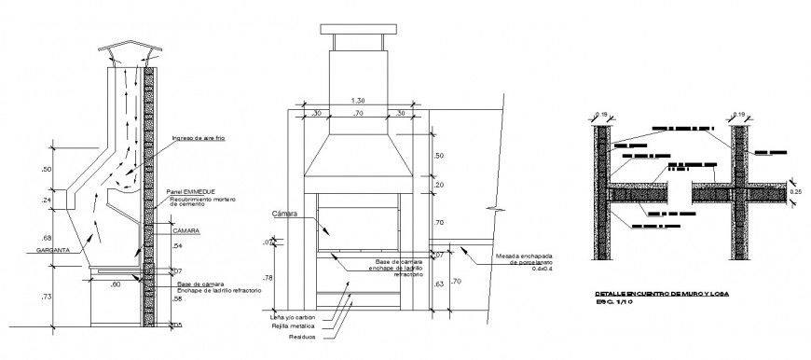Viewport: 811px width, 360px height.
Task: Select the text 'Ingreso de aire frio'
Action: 198,138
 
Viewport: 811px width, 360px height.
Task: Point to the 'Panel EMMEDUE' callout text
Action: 189,191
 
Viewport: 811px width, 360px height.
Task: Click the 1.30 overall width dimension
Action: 357,100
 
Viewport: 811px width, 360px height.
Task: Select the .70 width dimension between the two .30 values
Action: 357,113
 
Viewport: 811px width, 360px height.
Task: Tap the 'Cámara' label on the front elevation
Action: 284,214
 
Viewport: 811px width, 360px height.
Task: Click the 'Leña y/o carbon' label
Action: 287,318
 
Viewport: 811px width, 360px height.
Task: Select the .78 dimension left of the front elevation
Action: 268,278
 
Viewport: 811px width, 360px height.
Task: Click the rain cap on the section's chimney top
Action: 128,51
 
